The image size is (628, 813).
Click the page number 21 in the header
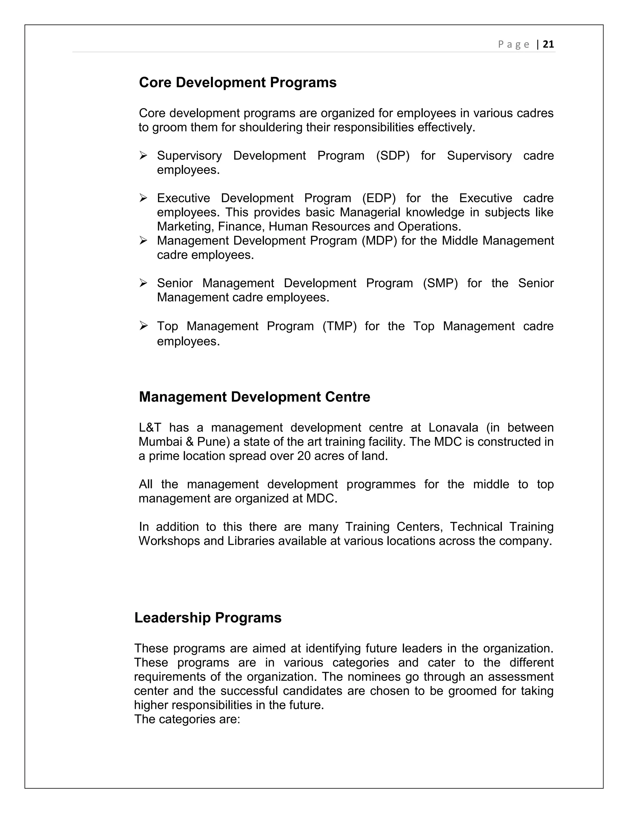548,44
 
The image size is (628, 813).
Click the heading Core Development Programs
237,82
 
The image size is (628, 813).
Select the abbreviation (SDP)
392,156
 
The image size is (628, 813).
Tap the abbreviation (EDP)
379,198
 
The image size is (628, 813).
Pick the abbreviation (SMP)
440,283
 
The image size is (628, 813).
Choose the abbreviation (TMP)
339,326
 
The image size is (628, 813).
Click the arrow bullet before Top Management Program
144,326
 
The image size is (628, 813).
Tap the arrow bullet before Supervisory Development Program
144,156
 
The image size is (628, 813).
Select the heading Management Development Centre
255,397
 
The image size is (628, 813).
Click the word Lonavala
453,427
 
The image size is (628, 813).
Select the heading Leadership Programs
208,618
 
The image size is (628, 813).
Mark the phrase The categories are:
187,719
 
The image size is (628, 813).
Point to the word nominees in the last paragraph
374,676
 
